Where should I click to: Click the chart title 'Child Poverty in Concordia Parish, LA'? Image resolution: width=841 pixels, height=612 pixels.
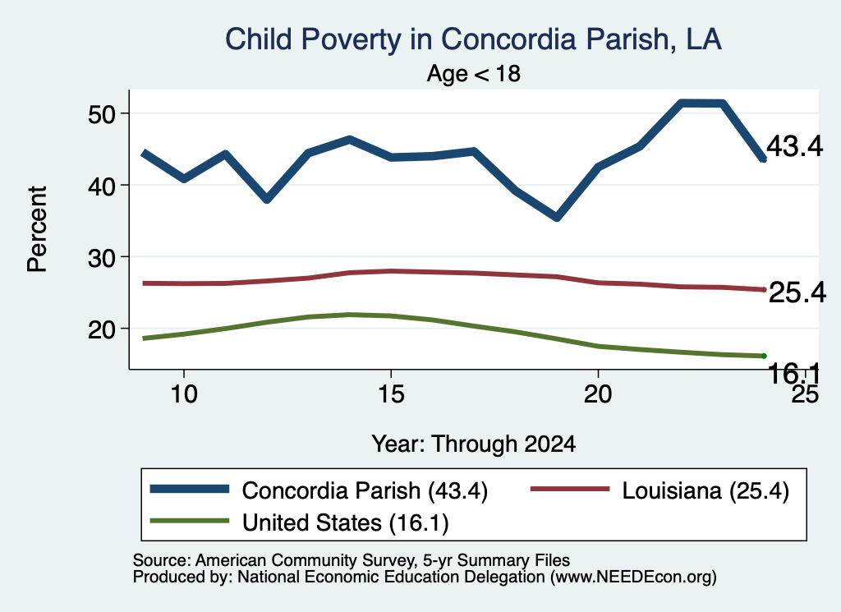473,39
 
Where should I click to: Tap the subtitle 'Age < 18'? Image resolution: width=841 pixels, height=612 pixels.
474,73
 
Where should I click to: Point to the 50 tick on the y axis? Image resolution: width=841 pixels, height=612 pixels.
101,113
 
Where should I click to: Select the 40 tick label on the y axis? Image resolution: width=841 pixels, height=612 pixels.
101,186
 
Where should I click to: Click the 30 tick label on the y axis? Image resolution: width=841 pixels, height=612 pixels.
101,257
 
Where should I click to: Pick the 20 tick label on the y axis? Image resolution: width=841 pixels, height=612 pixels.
101,329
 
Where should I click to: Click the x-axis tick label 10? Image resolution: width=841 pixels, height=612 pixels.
184,394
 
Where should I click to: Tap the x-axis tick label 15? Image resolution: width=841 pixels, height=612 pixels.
391,394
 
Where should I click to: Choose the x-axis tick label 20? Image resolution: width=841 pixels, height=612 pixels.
598,394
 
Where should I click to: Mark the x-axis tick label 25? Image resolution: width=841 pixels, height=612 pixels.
805,395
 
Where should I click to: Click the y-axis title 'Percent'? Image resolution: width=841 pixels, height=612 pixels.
37,229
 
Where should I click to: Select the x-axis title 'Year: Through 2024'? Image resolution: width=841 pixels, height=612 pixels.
474,444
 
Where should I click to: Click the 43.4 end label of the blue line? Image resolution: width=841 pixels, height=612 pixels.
794,146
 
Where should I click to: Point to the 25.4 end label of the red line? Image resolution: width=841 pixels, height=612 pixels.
797,293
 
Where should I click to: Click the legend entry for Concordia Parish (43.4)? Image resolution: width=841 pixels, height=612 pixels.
319,490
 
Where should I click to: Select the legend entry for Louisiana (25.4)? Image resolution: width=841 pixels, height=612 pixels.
659,490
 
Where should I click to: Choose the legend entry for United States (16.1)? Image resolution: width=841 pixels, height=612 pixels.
299,522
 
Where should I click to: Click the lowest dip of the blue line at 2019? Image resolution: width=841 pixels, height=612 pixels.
557,217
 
